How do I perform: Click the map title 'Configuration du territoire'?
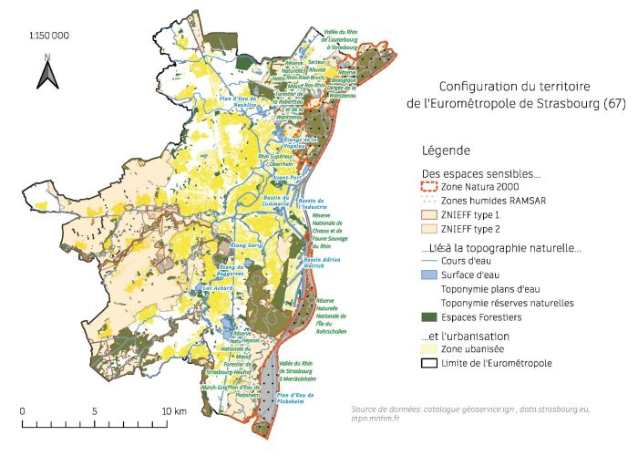coord(516,88)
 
